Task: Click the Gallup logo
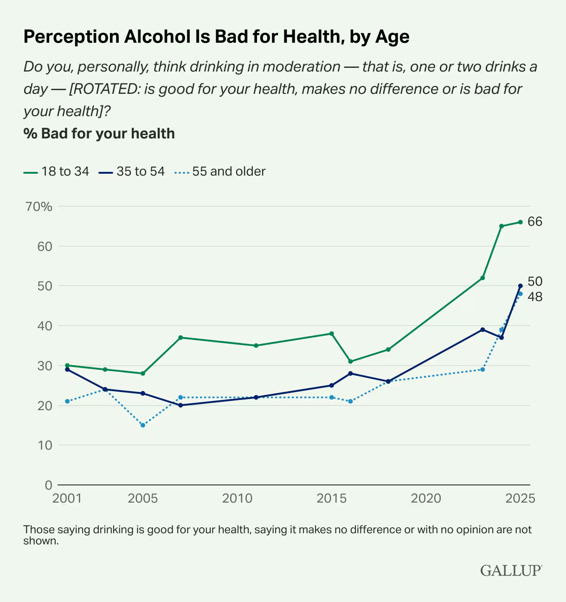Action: point(511,570)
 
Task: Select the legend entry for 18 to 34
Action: point(56,171)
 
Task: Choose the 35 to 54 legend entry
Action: point(132,171)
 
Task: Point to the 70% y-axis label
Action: point(39,206)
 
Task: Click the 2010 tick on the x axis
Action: point(237,498)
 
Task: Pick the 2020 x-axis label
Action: point(426,498)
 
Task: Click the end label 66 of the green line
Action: point(535,222)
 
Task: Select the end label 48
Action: point(535,297)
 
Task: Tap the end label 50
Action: point(535,281)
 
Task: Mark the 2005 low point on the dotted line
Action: point(143,425)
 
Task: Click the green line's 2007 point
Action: point(180,338)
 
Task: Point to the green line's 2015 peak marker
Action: point(332,334)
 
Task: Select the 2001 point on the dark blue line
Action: point(67,369)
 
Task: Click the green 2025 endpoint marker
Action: point(521,222)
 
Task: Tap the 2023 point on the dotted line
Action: point(482,369)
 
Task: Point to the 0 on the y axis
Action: point(48,485)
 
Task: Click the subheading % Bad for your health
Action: point(99,134)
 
